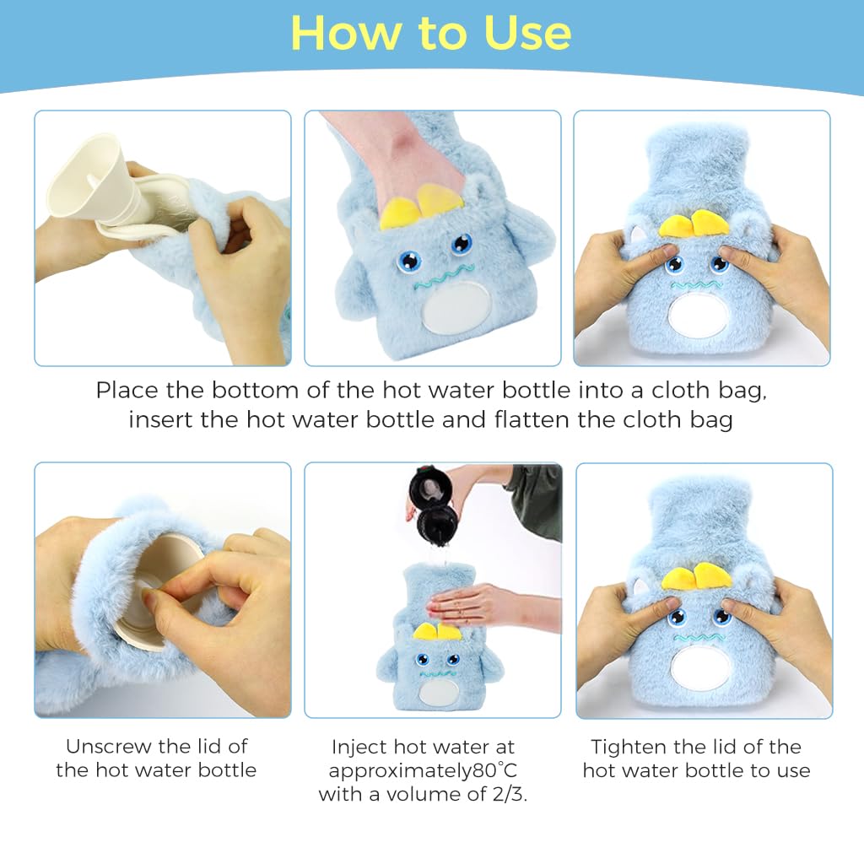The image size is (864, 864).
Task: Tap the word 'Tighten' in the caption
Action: coord(631,747)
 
